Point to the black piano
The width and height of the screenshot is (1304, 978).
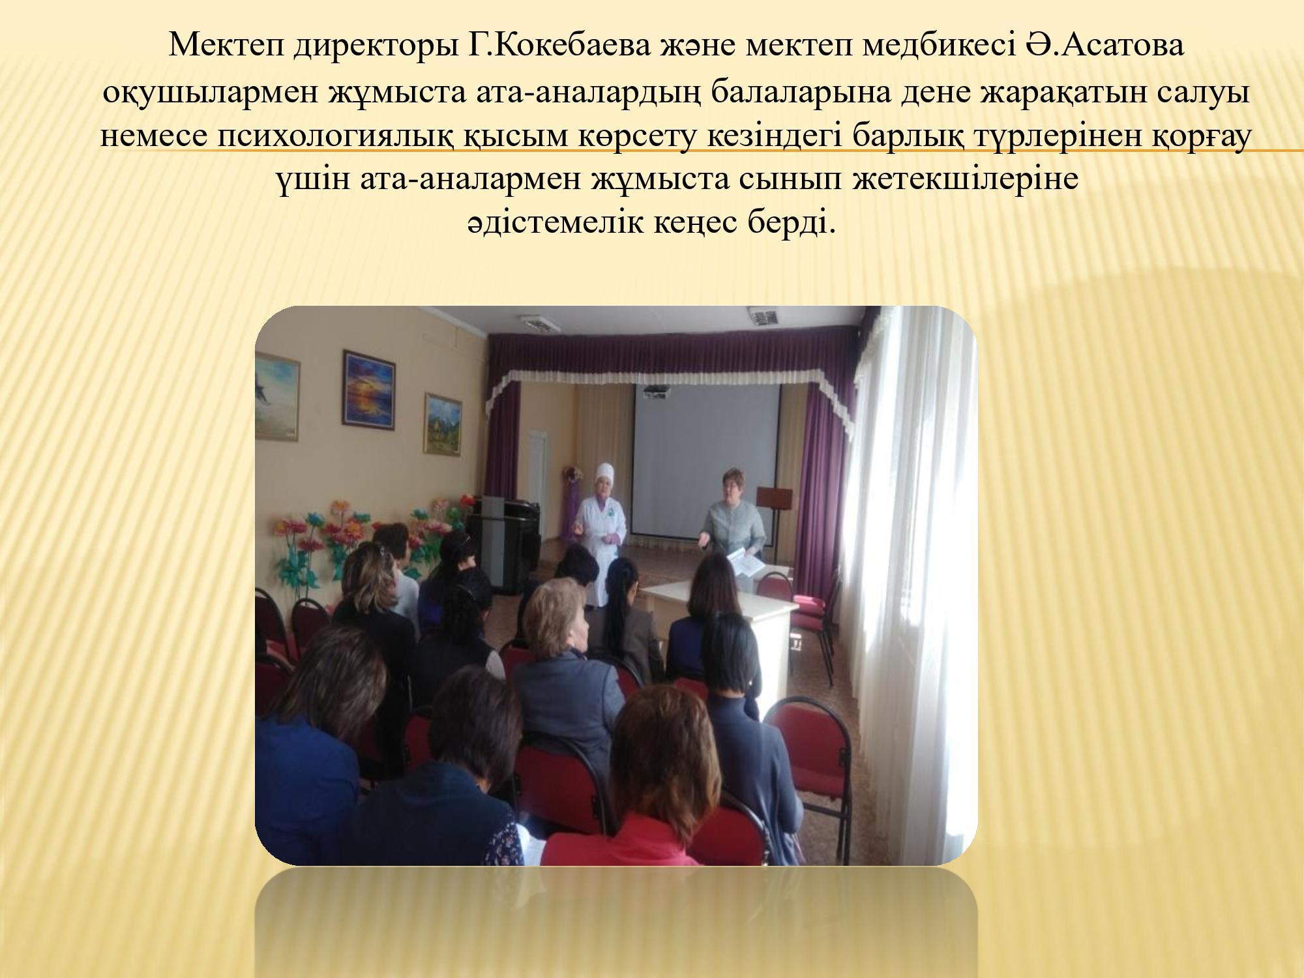pos(505,531)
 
